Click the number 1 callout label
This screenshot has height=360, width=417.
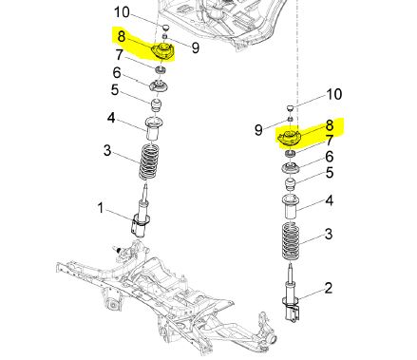101,208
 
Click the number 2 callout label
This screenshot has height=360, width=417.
329,288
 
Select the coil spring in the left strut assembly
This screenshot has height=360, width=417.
149,162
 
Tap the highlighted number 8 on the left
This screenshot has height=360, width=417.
122,36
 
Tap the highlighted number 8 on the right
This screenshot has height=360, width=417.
330,125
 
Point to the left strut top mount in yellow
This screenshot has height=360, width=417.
163,51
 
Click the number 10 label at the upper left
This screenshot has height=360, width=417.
122,12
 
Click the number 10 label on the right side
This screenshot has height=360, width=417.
334,94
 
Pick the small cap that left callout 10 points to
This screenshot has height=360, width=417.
166,27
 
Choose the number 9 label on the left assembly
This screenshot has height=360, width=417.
196,48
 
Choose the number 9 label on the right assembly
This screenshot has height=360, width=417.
258,129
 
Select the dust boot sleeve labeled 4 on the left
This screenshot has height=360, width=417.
153,128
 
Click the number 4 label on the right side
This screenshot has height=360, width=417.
330,200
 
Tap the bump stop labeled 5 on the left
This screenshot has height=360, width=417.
156,105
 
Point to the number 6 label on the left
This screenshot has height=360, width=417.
117,73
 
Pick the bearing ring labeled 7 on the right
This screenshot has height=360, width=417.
290,154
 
